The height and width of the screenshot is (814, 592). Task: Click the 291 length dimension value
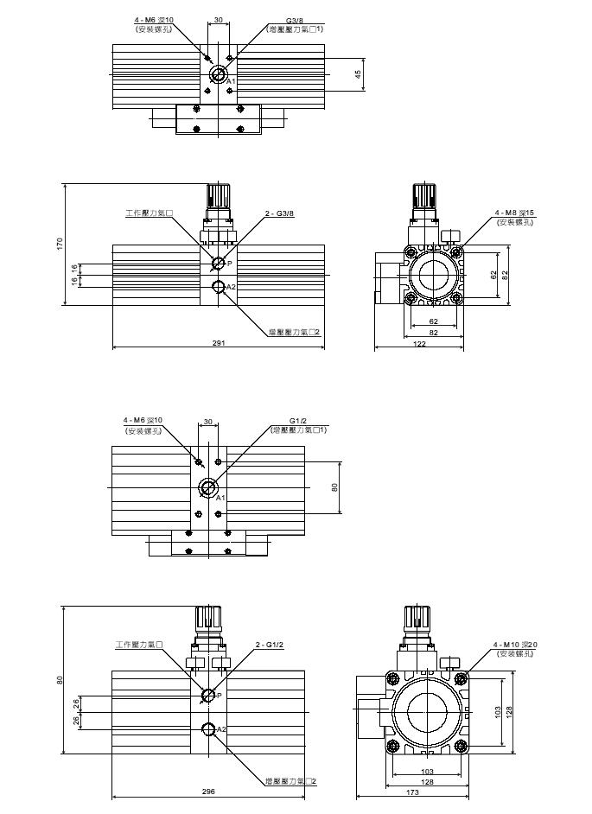(x=219, y=343)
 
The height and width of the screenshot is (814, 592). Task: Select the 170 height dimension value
(x=60, y=244)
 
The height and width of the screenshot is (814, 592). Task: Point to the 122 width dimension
(x=418, y=343)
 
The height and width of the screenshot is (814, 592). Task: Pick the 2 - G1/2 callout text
(x=271, y=644)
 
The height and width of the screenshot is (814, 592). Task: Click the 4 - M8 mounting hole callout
(x=514, y=212)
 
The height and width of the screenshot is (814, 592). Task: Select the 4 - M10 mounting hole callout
(x=515, y=644)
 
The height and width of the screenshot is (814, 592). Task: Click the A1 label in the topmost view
(x=231, y=80)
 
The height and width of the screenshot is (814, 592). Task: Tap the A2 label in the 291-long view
(x=231, y=287)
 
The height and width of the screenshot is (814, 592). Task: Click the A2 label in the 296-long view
(x=220, y=729)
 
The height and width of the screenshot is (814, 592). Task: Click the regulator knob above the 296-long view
(x=207, y=619)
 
